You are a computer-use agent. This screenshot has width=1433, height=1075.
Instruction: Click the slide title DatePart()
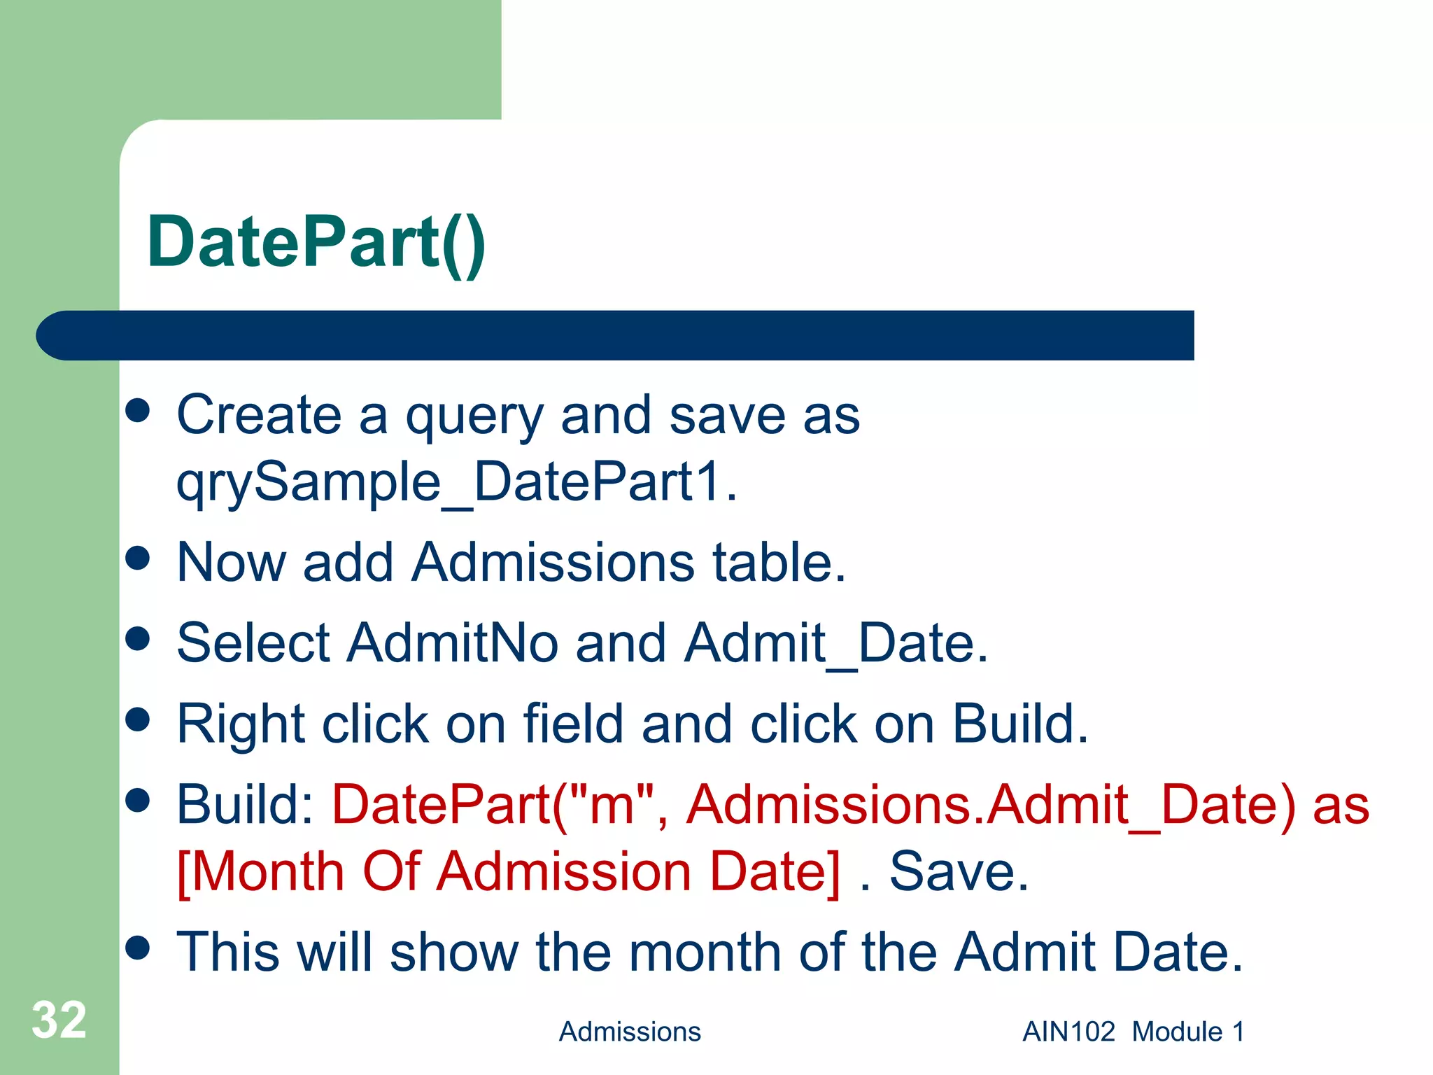coord(316,242)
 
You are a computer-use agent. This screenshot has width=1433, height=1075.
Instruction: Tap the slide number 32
coord(59,1020)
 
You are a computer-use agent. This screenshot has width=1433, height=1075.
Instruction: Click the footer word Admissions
coord(630,1032)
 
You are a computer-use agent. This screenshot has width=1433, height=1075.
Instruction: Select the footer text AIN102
coord(1068,1032)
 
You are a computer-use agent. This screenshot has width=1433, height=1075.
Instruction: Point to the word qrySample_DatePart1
coord(456,483)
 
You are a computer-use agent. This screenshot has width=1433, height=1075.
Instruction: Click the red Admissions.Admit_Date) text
coord(991,805)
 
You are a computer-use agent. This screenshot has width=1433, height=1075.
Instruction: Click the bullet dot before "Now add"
coord(138,558)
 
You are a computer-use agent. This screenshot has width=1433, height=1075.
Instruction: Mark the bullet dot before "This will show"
coord(138,948)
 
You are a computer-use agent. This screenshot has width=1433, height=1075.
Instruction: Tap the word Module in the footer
coord(1177,1032)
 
